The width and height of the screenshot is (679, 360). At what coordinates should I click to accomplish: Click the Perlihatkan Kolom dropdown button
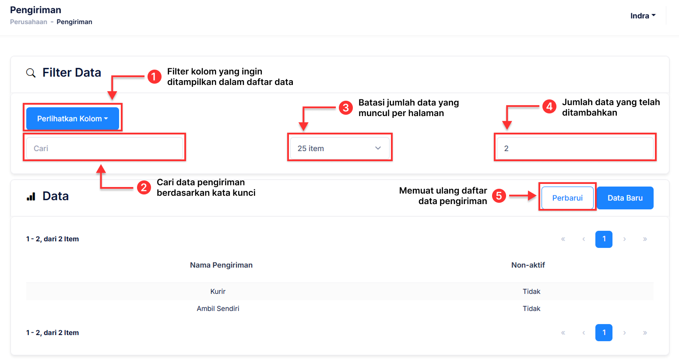tap(72, 119)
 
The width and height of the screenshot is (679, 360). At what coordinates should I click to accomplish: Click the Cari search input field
tap(104, 148)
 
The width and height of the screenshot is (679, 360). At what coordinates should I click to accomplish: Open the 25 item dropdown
tap(339, 148)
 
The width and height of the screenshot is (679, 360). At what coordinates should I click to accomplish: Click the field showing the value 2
tap(575, 148)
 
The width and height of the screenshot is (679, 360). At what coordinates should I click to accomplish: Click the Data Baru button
tap(625, 198)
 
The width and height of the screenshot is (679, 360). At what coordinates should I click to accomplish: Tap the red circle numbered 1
tap(154, 77)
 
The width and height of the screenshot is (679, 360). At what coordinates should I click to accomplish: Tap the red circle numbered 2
tap(144, 188)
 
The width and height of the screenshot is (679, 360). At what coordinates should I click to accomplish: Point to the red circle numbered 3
tap(345, 108)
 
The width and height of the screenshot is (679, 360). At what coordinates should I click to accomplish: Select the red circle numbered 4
tap(549, 106)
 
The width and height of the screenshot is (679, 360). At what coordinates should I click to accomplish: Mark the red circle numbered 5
tap(499, 196)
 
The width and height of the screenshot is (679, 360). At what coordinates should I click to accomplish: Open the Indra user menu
tap(643, 16)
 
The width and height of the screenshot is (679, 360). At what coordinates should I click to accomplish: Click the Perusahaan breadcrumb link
tap(28, 22)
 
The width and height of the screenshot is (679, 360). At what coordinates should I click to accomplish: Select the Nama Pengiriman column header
tap(221, 265)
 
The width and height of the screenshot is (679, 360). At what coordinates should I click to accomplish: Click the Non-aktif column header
tap(528, 265)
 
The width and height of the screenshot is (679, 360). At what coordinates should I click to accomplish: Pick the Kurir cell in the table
tap(218, 292)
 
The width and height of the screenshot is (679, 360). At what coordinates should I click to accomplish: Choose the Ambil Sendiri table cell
tap(218, 309)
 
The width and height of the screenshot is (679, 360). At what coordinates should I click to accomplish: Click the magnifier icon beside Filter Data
tap(31, 73)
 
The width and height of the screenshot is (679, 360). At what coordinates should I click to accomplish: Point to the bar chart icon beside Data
tap(31, 197)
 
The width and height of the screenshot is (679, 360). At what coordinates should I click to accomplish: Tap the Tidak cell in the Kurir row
tap(531, 292)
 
